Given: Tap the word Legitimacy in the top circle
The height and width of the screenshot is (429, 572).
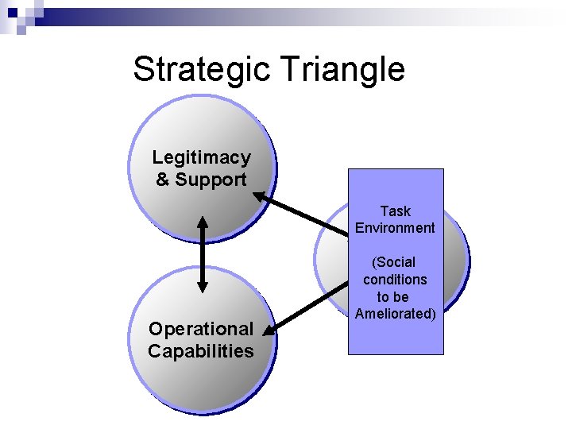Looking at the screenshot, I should (x=201, y=158).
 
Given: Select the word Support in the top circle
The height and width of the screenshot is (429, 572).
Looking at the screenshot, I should (x=211, y=180).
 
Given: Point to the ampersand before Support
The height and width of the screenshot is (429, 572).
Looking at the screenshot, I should (x=163, y=180).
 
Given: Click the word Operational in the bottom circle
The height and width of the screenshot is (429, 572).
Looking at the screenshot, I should (x=201, y=329).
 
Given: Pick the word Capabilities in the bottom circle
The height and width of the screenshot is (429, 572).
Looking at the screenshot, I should (x=201, y=351).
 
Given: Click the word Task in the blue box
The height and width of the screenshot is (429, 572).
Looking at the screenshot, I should (x=395, y=211).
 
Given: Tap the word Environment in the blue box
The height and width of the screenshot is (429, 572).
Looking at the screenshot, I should (x=395, y=228).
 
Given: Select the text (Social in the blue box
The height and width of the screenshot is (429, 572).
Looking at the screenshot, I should (x=395, y=262).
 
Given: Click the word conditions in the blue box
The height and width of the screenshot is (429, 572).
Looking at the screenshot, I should (x=395, y=280).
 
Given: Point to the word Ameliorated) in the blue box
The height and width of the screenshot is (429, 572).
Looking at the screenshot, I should (x=395, y=314).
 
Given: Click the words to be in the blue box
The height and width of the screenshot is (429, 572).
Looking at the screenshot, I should (x=393, y=297).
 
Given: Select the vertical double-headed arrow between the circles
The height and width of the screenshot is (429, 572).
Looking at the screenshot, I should (x=203, y=254).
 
